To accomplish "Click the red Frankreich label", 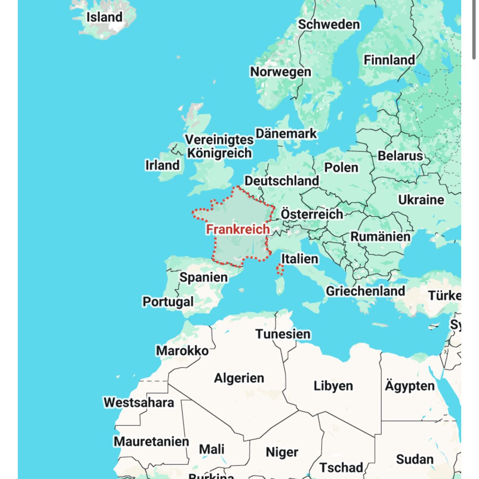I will tap(238, 229).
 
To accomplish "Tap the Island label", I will tap(104, 17).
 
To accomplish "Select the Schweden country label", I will tap(329, 25).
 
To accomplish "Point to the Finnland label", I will tap(389, 60).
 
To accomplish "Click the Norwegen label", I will tap(280, 72).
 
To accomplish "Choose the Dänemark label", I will tap(286, 134).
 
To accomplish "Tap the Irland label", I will tap(163, 165).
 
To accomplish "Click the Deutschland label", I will tap(282, 181).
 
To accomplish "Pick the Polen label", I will tap(341, 168).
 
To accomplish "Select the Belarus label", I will tap(400, 156).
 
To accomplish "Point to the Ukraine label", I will tap(421, 200).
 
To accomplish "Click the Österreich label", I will tap(312, 214).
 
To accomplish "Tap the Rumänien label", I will tap(380, 237).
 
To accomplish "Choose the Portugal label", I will tap(168, 302).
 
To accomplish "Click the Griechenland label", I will tap(365, 291).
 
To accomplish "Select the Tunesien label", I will tap(283, 334).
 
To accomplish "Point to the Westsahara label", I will tap(139, 402).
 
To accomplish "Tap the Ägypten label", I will tap(410, 386).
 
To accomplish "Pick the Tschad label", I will tap(341, 468).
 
